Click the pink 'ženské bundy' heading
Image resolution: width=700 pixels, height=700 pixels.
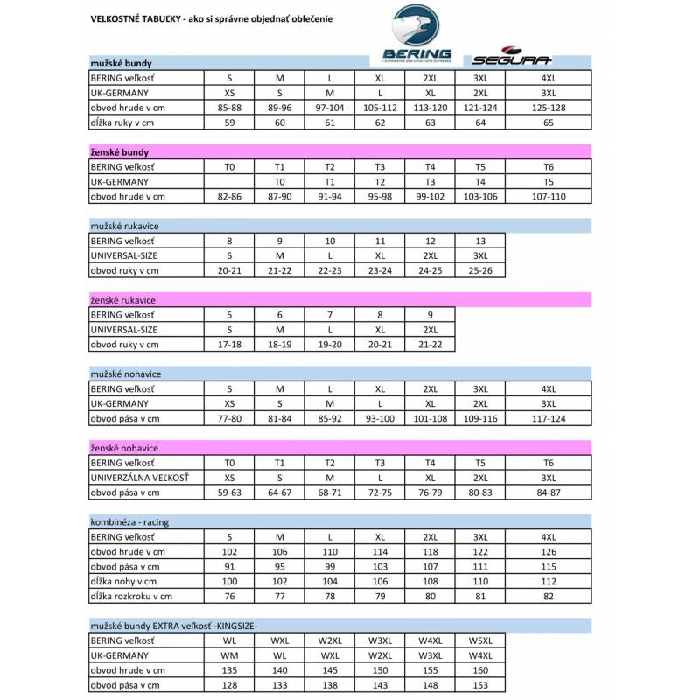pyautogui.click(x=120, y=152)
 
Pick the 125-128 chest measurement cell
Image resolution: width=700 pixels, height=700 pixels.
pyautogui.click(x=548, y=107)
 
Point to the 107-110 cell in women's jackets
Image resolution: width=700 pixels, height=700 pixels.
pyautogui.click(x=548, y=196)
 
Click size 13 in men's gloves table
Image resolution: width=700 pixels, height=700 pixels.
pyautogui.click(x=480, y=241)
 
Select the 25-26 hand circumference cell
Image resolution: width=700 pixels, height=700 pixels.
pyautogui.click(x=480, y=270)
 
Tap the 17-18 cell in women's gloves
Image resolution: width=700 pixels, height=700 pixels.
pyautogui.click(x=229, y=344)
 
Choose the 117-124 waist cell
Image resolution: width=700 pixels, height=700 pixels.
pyautogui.click(x=548, y=418)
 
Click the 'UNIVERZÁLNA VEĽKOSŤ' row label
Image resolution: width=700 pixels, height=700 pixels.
pyautogui.click(x=140, y=478)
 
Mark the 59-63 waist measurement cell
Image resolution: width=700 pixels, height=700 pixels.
pyautogui.click(x=229, y=493)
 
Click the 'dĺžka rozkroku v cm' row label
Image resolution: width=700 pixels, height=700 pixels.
pyautogui.click(x=131, y=597)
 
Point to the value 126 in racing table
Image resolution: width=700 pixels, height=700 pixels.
pyautogui.click(x=548, y=552)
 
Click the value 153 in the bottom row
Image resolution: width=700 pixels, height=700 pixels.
pyautogui.click(x=480, y=685)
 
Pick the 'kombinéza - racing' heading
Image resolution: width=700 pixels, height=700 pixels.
pyautogui.click(x=129, y=522)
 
